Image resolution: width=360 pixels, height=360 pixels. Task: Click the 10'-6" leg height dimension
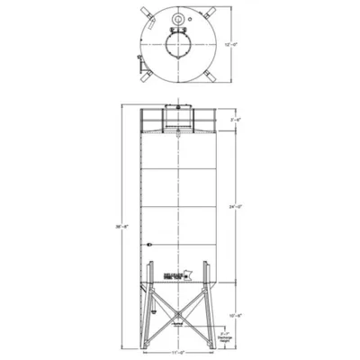236,316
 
